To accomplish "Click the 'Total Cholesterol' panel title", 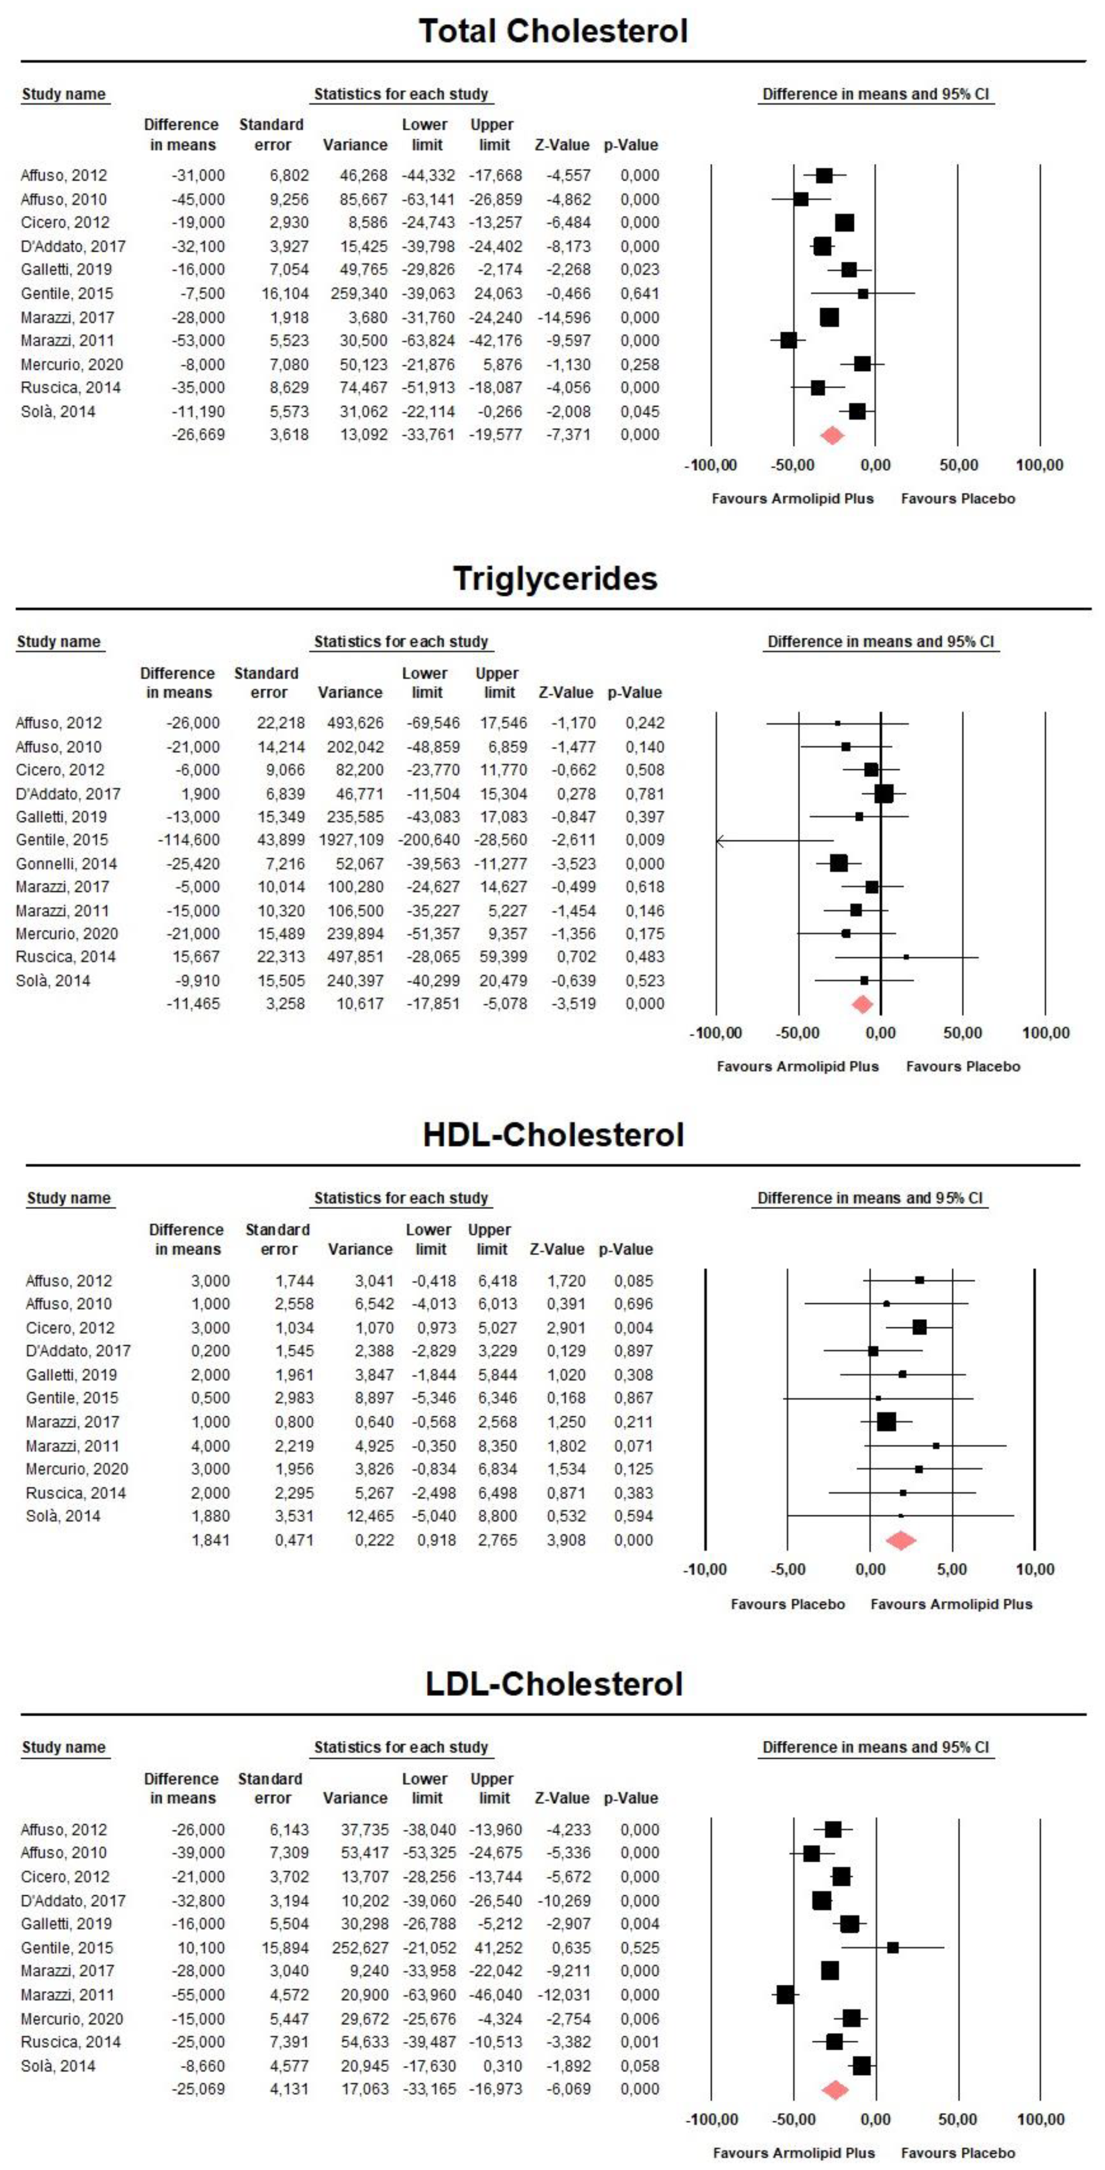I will click(553, 31).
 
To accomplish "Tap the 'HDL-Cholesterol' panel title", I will click(553, 1135).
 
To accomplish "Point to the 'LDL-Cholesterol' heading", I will click(553, 1684).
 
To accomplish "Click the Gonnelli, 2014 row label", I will click(66, 863).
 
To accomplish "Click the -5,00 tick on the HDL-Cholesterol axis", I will click(787, 1569).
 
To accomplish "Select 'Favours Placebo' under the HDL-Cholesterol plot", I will click(787, 1604).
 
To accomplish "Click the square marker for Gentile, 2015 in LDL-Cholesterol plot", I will click(893, 1948).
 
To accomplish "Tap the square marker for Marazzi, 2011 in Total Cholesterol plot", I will click(788, 340).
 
